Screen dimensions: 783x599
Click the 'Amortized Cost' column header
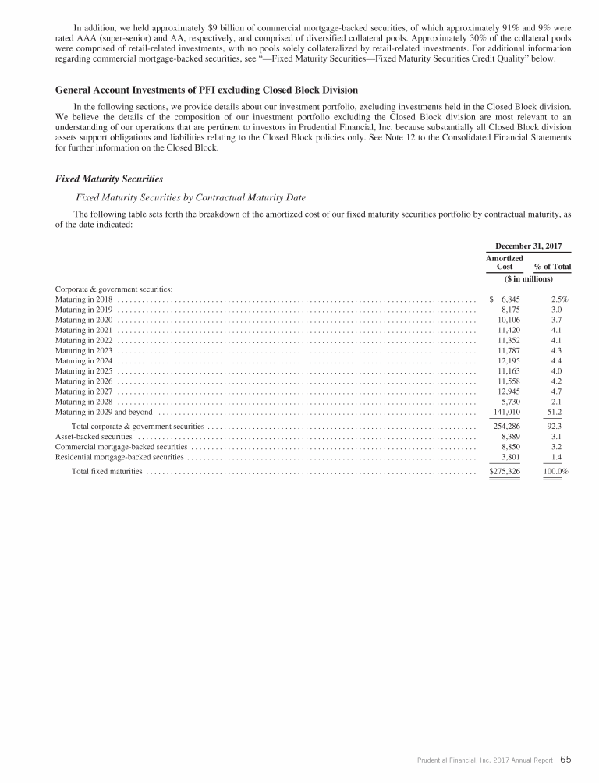coord(505,262)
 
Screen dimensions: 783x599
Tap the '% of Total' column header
coord(552,267)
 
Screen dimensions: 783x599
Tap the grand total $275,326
coord(504,472)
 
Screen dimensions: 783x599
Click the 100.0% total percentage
coord(555,472)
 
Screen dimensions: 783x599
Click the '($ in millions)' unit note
coord(529,278)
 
